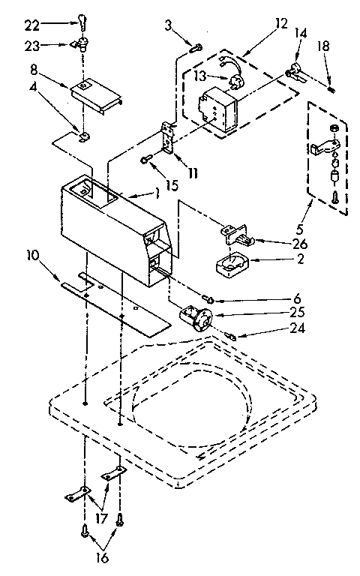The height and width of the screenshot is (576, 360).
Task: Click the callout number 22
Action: click(x=32, y=25)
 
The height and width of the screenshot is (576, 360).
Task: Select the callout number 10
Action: click(x=32, y=256)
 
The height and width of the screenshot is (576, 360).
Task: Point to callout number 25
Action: click(x=296, y=312)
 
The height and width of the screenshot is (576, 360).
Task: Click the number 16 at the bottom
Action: click(x=102, y=558)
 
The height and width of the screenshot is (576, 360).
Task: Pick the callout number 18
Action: click(x=323, y=46)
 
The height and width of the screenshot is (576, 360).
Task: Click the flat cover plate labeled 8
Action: click(x=97, y=94)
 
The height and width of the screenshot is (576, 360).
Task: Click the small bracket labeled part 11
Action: click(x=167, y=137)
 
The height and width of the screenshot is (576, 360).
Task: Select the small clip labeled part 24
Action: click(x=232, y=335)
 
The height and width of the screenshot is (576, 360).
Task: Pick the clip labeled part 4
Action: click(x=85, y=136)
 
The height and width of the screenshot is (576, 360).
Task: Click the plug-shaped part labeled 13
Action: click(x=234, y=80)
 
